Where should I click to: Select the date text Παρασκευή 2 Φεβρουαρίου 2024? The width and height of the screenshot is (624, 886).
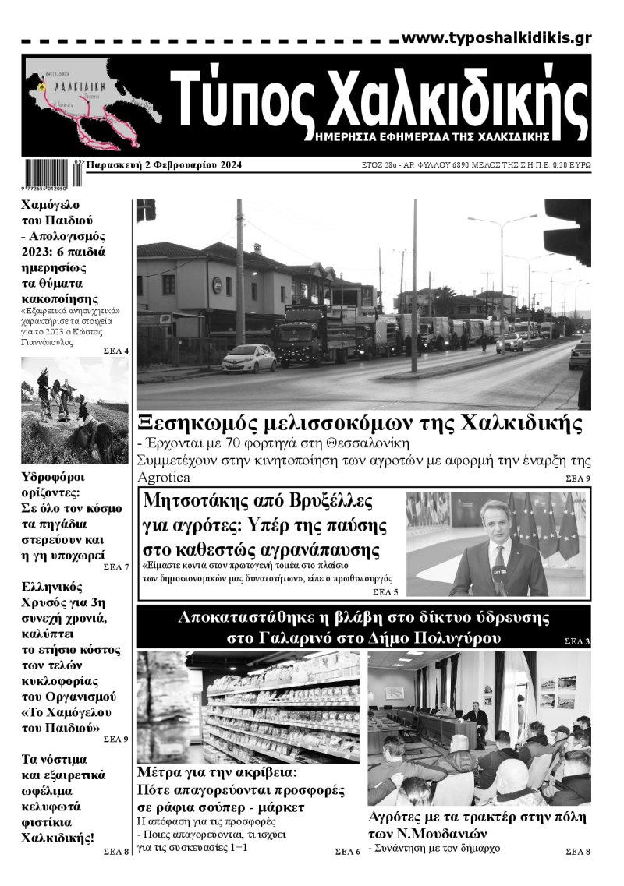[164, 165]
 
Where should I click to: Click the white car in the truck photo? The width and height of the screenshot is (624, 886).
[249, 358]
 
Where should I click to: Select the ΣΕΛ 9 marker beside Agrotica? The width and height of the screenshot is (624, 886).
[578, 478]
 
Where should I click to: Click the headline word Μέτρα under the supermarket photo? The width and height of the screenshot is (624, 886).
[160, 774]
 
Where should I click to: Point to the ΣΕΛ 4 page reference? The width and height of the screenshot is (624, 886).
[115, 351]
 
